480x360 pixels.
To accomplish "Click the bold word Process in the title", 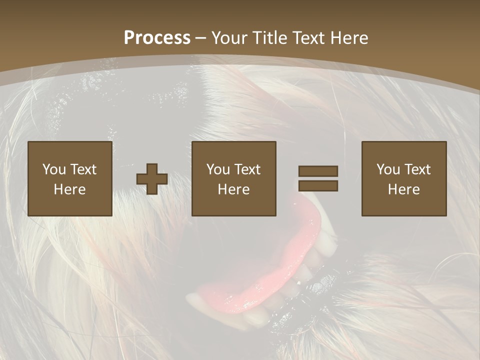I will (x=157, y=38).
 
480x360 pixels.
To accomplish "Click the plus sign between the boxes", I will (x=152, y=179).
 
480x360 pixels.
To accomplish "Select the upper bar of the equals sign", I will (x=318, y=171).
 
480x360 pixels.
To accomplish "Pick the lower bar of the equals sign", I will (x=318, y=186).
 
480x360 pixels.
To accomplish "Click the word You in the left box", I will (x=54, y=169).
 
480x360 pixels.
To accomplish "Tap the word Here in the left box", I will (x=69, y=189).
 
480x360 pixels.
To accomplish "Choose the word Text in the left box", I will (x=83, y=169).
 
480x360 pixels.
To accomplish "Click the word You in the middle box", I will (x=218, y=169).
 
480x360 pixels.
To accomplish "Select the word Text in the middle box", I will (x=247, y=169).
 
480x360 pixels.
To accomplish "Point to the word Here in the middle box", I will (x=233, y=189).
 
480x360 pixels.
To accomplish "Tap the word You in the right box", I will (x=388, y=169).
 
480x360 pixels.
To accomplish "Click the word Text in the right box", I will (x=417, y=169).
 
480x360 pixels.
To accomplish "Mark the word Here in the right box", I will (x=403, y=189).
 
